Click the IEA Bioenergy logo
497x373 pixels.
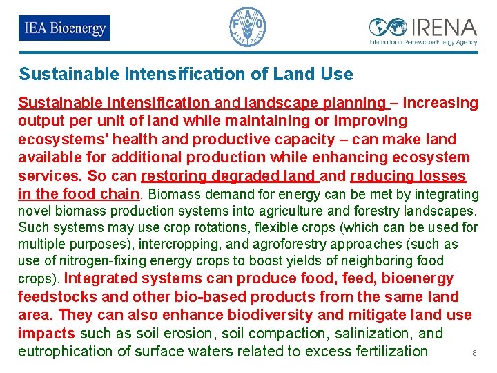[x=64, y=28]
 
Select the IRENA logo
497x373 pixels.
[x=422, y=30]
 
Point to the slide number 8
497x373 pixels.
[x=474, y=354]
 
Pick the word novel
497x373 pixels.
[x=32, y=211]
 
